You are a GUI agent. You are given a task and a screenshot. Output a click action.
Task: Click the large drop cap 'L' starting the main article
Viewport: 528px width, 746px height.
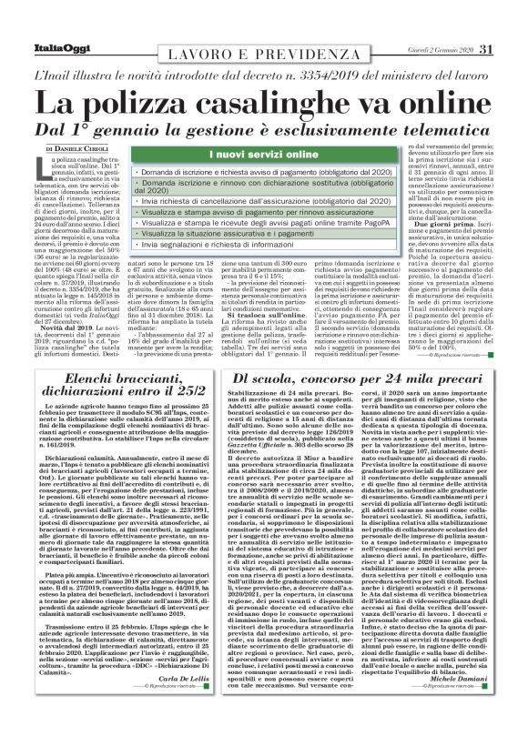(x=46, y=164)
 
